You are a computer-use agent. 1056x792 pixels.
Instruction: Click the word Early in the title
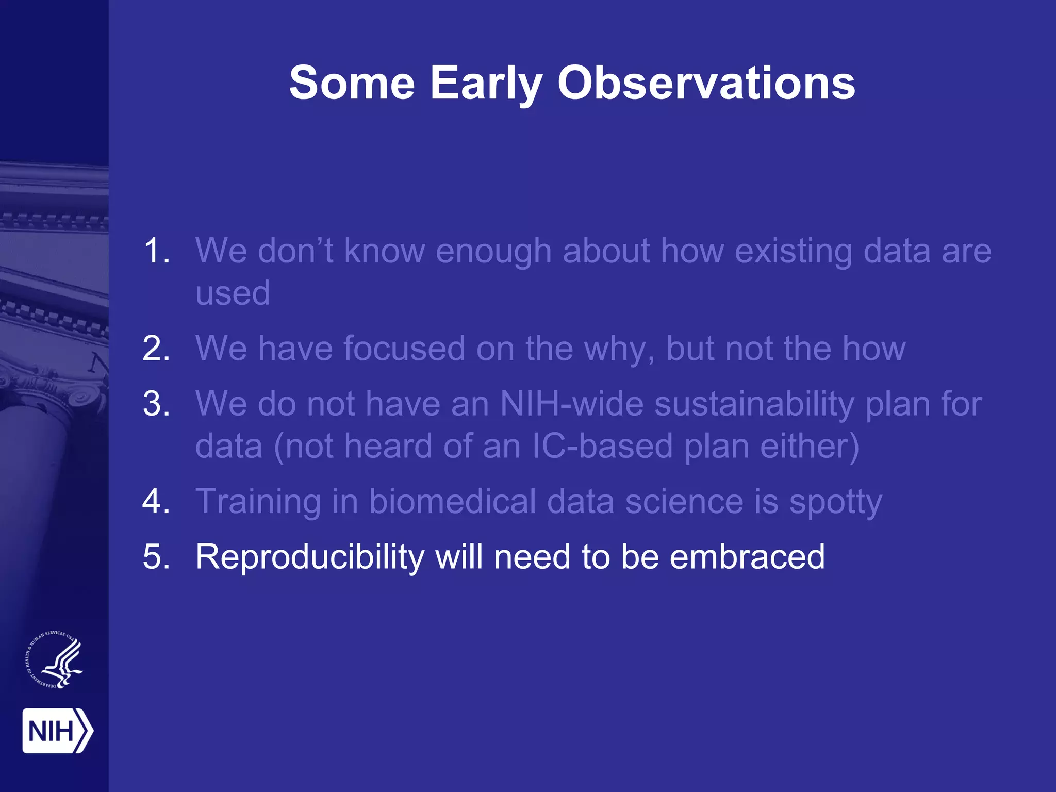486,84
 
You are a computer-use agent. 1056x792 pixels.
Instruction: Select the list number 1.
156,251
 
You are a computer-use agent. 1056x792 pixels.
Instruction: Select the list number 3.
156,403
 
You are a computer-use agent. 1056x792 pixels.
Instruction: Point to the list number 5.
156,557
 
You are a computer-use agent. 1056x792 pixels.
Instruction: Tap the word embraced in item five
747,557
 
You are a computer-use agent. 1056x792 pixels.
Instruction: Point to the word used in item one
233,293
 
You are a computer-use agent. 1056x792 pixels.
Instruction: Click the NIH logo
57,731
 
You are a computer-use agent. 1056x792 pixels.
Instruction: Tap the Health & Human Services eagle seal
55,660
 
